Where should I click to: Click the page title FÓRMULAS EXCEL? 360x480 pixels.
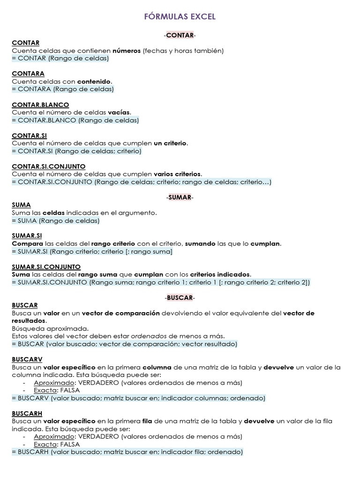(180, 16)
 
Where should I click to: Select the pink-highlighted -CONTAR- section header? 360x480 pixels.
(180, 35)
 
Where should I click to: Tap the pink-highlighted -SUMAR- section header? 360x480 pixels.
(180, 197)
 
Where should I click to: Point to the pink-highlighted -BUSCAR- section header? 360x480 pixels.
(180, 298)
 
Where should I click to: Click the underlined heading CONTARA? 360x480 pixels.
(28, 74)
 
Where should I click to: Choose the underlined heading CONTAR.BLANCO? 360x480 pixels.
(40, 105)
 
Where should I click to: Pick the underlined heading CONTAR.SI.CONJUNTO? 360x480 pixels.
(49, 166)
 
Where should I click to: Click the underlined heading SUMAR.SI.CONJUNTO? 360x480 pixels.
(46, 267)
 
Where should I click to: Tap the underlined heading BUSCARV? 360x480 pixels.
(27, 360)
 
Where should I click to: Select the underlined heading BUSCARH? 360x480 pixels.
(27, 413)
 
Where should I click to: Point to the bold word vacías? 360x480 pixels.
(119, 112)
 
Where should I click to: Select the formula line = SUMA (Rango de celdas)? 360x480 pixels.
(56, 221)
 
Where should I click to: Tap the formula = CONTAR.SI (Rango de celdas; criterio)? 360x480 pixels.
(76, 151)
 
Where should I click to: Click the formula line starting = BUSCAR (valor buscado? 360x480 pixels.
(125, 344)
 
